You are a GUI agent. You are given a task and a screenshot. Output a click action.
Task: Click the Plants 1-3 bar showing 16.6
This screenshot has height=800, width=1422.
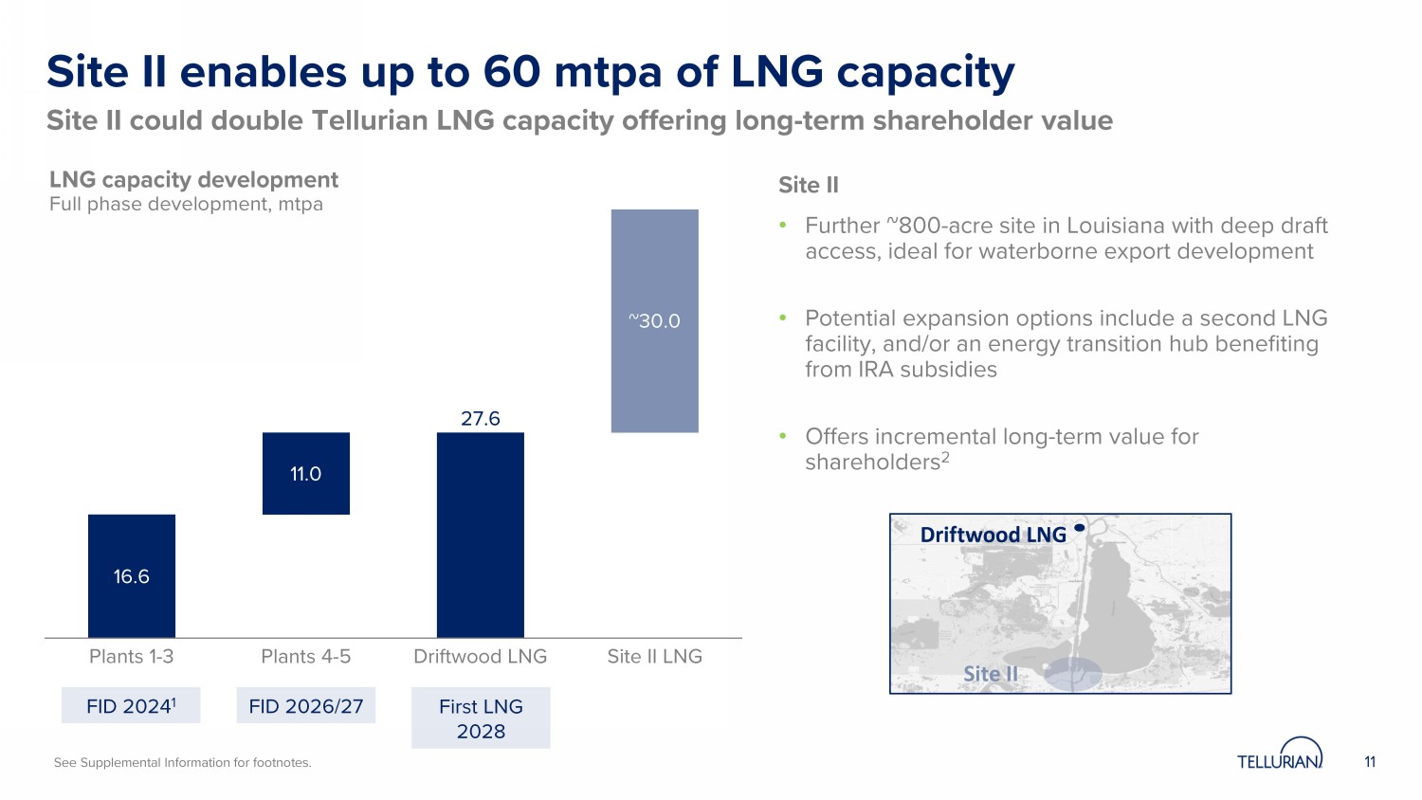coord(132,575)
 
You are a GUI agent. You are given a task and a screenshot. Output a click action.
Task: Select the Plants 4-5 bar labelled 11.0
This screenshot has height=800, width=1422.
coord(306,473)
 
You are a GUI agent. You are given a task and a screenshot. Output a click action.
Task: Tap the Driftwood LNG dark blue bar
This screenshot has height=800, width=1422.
coord(481,535)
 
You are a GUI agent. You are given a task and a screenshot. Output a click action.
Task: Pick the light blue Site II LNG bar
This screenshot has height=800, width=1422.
coord(655,320)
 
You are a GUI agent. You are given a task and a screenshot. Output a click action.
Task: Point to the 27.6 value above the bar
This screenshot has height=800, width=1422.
coord(481,418)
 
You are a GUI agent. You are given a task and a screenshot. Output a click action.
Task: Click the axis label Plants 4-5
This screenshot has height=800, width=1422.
coord(306,656)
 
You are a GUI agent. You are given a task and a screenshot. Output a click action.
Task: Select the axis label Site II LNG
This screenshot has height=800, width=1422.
coord(655,656)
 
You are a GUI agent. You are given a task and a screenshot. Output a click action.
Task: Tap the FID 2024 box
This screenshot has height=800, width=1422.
coord(131,706)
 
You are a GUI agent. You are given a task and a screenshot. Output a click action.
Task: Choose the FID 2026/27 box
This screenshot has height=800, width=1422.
coord(306,706)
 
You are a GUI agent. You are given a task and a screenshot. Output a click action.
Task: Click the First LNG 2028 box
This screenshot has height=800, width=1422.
coord(481,718)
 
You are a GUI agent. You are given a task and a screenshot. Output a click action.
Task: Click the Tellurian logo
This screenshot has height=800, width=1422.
coord(1280,755)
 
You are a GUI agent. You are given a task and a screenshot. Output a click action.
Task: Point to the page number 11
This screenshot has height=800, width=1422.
coord(1370,762)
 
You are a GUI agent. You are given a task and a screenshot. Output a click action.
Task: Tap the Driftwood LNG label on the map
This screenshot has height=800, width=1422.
coord(993,535)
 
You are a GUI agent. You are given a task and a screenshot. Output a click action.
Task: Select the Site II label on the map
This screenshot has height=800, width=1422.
coord(991,674)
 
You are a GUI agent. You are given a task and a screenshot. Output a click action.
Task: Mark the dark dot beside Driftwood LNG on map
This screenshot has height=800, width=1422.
coord(1079,528)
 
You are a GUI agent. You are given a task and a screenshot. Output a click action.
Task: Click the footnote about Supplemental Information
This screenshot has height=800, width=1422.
coord(182,762)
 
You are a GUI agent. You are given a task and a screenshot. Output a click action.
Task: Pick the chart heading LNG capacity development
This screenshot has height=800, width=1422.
coord(193,180)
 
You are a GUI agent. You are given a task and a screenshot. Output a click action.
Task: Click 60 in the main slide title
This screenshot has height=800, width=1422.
coord(513,72)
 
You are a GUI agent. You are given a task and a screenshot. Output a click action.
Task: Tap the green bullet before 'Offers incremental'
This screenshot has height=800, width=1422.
coord(783,436)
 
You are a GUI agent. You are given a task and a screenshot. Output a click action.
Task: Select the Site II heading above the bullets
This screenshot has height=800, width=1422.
coord(809,185)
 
